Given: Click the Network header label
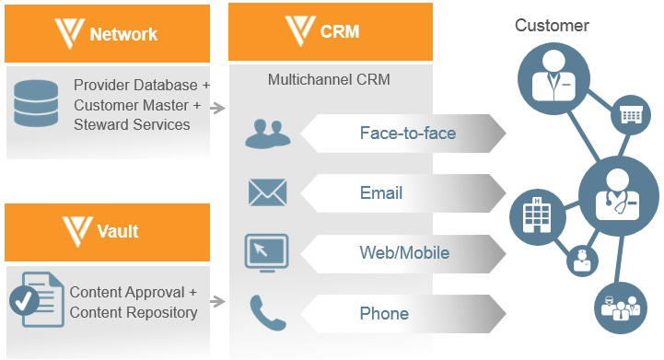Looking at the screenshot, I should tap(123, 35).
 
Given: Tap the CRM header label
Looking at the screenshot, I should tap(340, 32).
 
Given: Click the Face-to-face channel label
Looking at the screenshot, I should tap(407, 134).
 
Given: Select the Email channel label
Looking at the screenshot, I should tap(381, 193).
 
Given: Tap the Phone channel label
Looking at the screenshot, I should tap(383, 314).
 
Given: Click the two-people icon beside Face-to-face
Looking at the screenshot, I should tap(267, 134).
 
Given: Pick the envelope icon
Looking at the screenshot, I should tap(267, 192).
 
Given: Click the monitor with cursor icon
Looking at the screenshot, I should tap(266, 252).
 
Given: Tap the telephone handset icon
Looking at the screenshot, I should tap(266, 313).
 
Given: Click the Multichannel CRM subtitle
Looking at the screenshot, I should tap(329, 80).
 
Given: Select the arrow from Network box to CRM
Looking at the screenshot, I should tap(217, 109).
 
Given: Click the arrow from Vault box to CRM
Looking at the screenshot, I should tap(217, 301).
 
